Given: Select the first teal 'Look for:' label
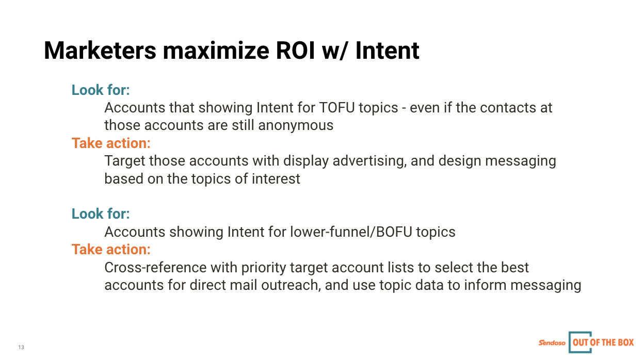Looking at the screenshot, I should click(101, 90).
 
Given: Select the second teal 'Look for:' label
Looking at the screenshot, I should click(101, 214).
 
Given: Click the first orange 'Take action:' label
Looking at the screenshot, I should click(111, 143).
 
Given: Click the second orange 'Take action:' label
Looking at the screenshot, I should click(111, 250).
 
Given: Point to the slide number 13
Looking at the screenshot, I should click(21, 347).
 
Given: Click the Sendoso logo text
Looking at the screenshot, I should click(552, 342).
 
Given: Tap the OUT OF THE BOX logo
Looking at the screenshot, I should click(602, 342).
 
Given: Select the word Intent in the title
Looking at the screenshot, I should click(387, 51).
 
